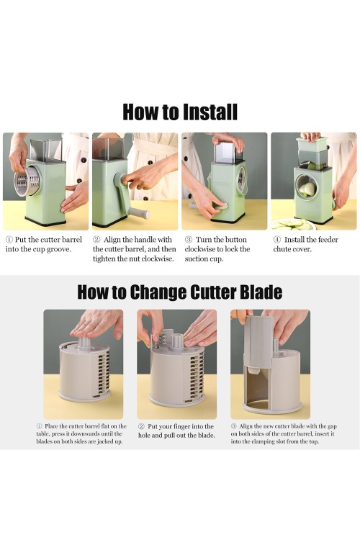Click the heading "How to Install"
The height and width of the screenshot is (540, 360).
(180, 112)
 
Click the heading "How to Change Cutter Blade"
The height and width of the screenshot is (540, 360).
(180, 292)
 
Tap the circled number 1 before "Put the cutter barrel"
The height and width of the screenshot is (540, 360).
(9, 240)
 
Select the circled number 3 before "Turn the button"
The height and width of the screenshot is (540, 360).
(189, 240)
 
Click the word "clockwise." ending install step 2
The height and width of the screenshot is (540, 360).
(158, 258)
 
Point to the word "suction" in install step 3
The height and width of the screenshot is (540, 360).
(195, 258)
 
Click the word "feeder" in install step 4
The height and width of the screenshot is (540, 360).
(327, 240)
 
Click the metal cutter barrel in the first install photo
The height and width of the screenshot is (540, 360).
(27, 180)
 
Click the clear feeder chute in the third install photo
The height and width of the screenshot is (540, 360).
(228, 152)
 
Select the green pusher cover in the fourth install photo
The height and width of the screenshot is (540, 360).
(312, 145)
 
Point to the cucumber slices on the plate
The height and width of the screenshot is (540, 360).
(293, 225)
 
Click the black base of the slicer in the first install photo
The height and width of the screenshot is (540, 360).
(45, 222)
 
